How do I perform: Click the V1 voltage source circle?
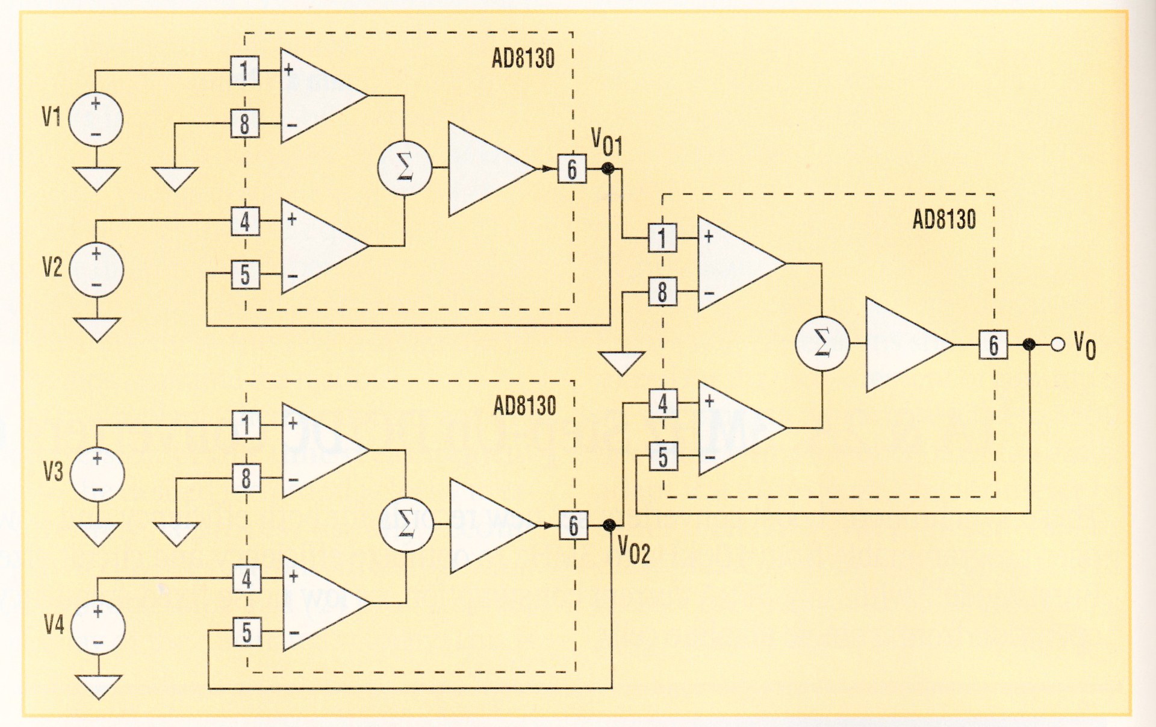coord(96,119)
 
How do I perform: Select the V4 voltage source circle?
coord(98,627)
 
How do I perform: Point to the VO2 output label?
coord(634,549)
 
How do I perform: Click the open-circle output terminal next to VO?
coord(1057,345)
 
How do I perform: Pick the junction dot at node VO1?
coord(608,169)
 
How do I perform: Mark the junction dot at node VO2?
coord(609,525)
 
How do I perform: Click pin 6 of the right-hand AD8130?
coord(993,345)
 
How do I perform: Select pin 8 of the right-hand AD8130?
coord(662,292)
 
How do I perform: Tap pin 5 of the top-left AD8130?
coord(245,275)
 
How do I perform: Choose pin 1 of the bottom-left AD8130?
coord(246,425)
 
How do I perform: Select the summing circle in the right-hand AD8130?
coord(822,344)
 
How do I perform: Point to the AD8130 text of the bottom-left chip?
coord(524,406)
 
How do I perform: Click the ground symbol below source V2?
coord(97,329)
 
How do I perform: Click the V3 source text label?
coord(53,472)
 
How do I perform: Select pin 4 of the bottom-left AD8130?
coord(247,579)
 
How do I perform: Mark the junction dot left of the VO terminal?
coord(1030,345)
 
